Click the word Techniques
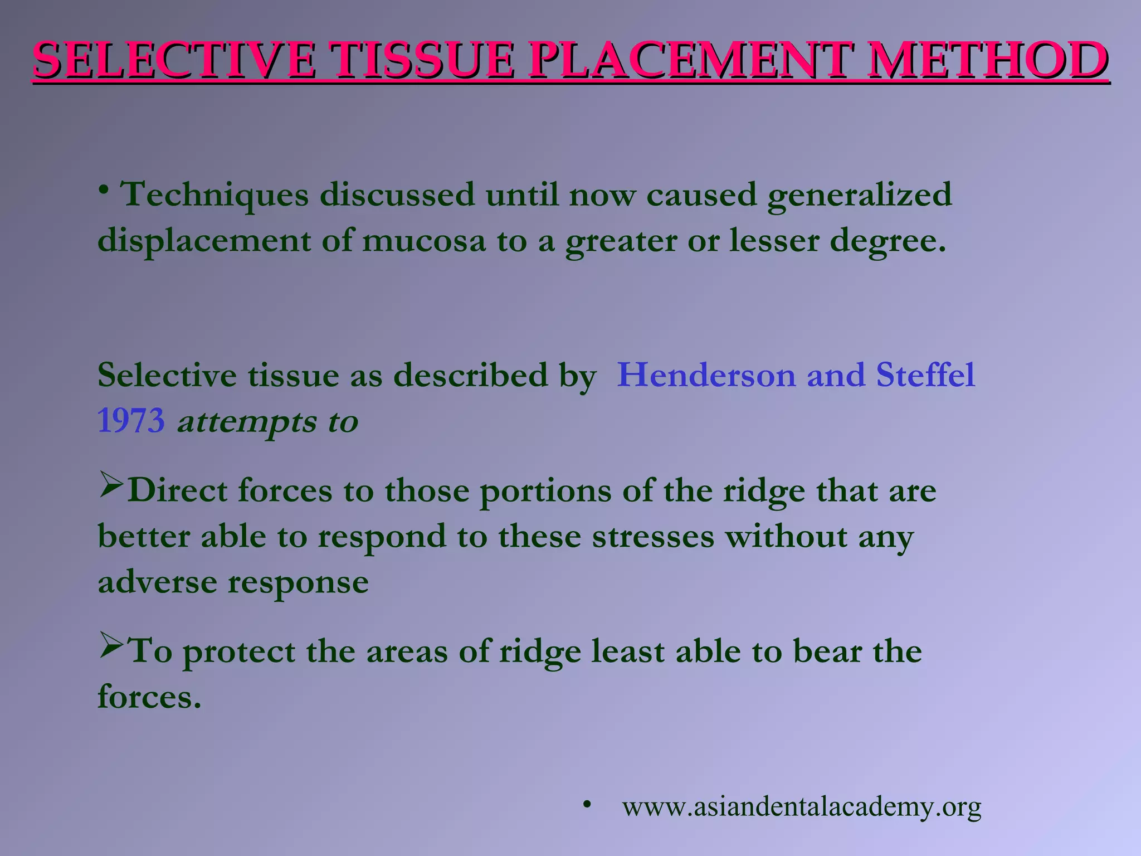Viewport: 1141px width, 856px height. pos(215,195)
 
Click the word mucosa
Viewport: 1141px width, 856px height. pos(424,242)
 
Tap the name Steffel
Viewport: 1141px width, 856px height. pos(925,374)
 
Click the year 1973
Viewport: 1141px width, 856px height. pos(131,421)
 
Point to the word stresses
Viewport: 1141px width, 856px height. pos(653,537)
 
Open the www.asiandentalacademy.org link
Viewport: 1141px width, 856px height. pos(801,807)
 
